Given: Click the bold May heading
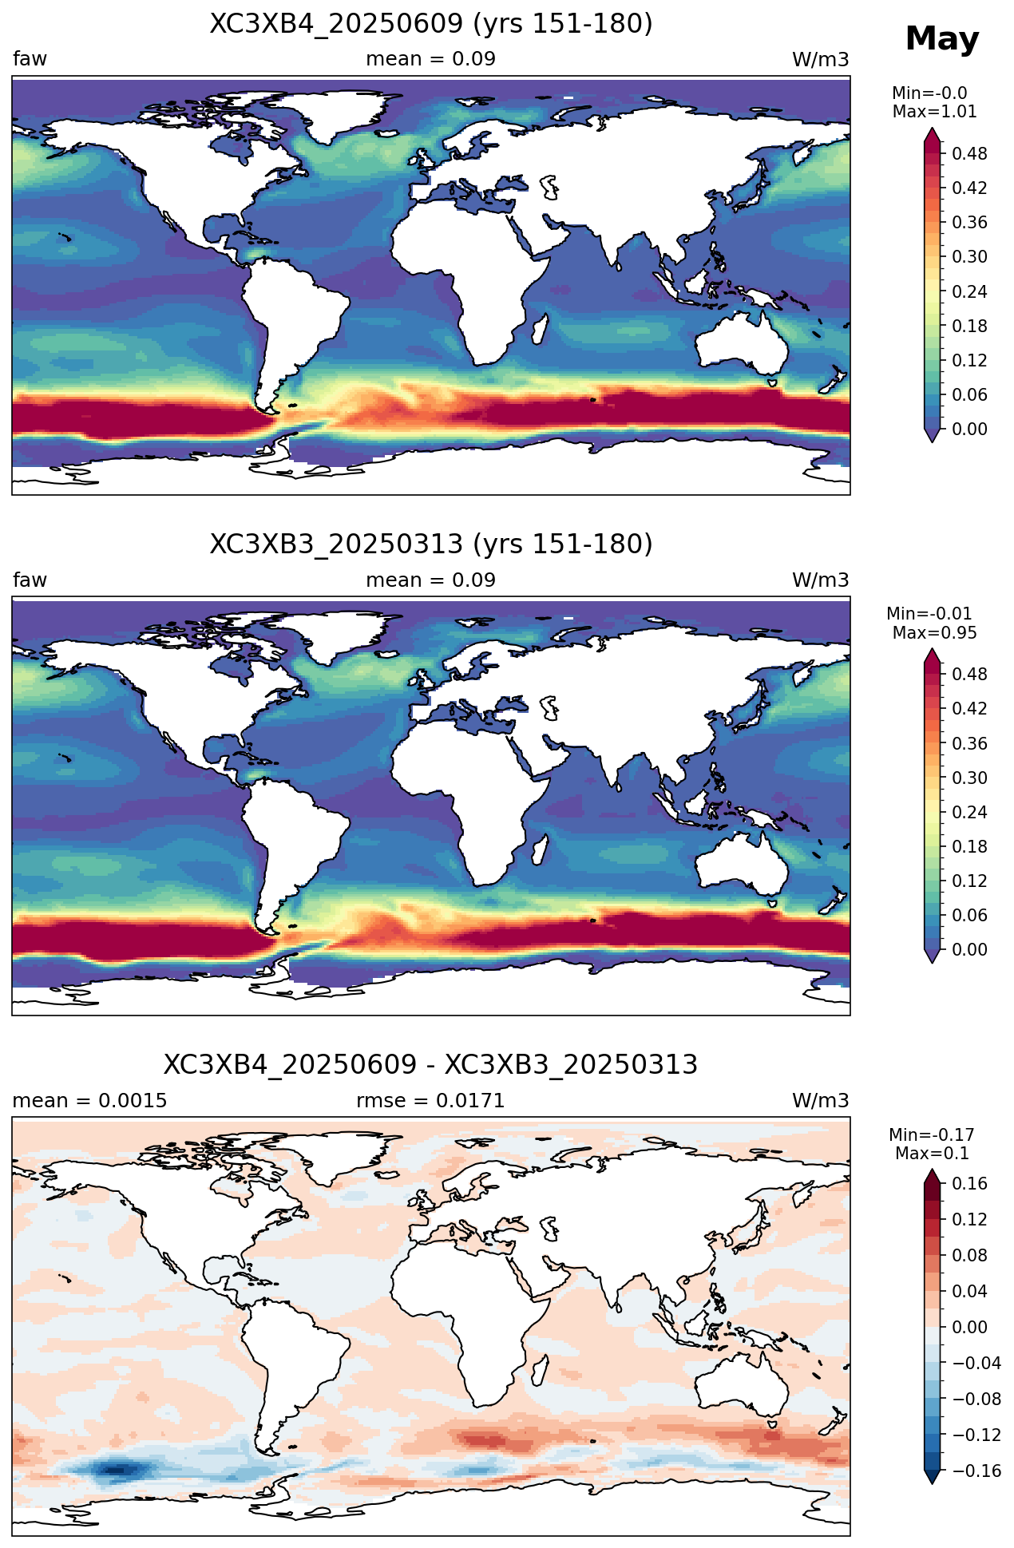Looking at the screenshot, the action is pyautogui.click(x=942, y=39).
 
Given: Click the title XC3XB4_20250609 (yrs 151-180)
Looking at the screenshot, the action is pyautogui.click(x=431, y=24).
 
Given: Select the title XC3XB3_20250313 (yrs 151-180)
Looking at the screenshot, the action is pyautogui.click(x=431, y=544).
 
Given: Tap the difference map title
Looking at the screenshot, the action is pyautogui.click(x=431, y=1065).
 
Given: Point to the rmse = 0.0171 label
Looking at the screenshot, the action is pyautogui.click(x=430, y=1101).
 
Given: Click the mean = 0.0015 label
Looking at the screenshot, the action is pyautogui.click(x=90, y=1101).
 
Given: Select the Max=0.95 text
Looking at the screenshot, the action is pyautogui.click(x=934, y=633).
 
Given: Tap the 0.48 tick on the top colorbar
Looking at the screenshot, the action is pyautogui.click(x=969, y=154).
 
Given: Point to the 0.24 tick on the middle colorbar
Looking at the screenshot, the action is pyautogui.click(x=969, y=813).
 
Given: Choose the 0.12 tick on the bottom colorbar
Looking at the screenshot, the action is pyautogui.click(x=969, y=1219).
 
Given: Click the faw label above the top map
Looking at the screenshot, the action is pyautogui.click(x=30, y=59).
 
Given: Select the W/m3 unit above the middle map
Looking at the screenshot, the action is pyautogui.click(x=820, y=580).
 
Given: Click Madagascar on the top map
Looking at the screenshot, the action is pyautogui.click(x=541, y=330).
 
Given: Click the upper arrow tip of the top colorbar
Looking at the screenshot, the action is pyautogui.click(x=932, y=129).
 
